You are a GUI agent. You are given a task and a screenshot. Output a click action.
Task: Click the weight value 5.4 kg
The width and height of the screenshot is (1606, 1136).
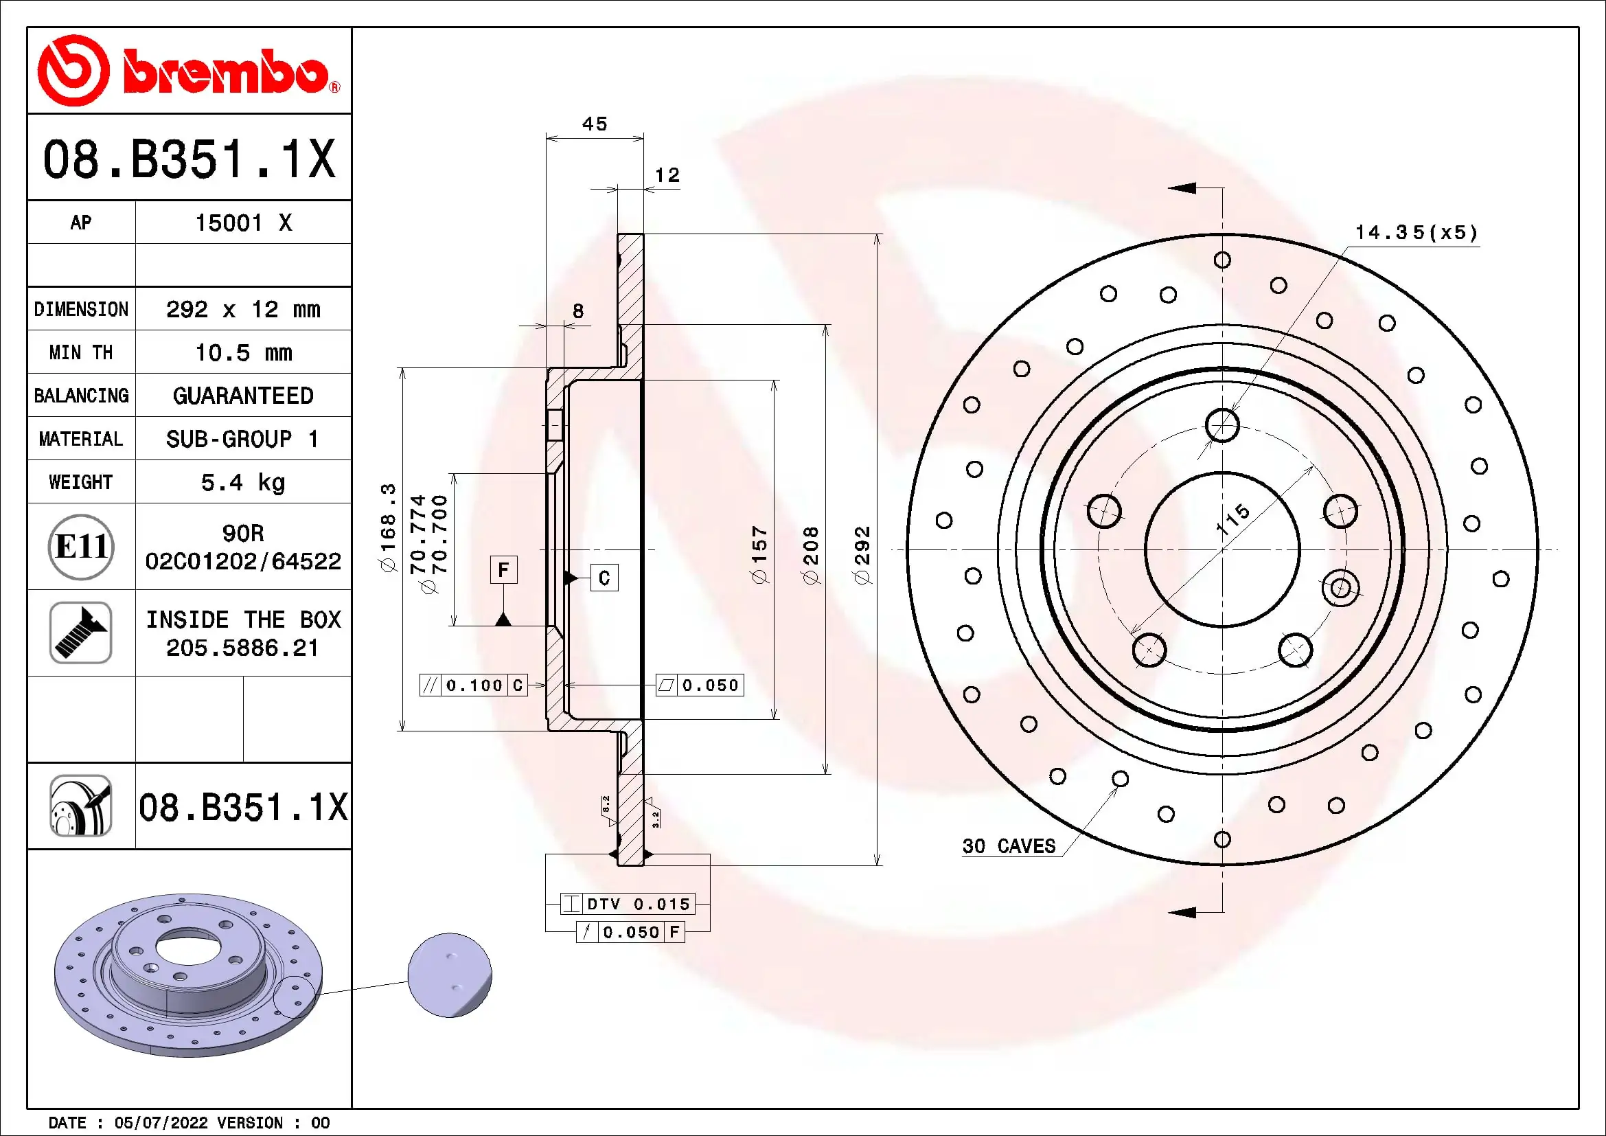[242, 482]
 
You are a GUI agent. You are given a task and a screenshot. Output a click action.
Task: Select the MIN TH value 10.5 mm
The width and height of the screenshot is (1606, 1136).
[242, 352]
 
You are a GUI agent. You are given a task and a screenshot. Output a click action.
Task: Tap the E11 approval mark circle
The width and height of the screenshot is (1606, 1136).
[81, 546]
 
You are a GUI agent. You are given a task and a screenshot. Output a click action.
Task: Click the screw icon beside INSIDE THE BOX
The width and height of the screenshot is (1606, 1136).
[81, 633]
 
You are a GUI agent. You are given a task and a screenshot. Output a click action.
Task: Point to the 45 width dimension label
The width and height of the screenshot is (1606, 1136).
[595, 124]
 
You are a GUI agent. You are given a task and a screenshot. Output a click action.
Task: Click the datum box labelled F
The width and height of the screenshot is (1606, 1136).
[503, 570]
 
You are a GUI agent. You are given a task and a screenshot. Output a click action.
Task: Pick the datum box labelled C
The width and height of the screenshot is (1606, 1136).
[604, 578]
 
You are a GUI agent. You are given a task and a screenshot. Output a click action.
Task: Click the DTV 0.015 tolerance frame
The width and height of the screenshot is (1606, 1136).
[628, 904]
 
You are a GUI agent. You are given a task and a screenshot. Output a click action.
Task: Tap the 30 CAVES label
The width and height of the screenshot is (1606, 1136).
[1009, 845]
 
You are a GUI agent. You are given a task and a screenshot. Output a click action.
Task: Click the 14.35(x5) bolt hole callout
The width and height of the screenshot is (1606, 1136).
[1416, 232]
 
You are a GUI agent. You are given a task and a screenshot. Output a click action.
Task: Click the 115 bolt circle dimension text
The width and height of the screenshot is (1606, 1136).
[1232, 519]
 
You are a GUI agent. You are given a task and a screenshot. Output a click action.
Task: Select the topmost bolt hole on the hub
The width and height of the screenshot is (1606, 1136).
[1222, 424]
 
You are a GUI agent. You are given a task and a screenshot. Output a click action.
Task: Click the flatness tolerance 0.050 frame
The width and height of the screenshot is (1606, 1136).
[700, 685]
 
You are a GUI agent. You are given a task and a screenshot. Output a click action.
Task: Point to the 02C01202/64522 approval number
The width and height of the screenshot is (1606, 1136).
[242, 561]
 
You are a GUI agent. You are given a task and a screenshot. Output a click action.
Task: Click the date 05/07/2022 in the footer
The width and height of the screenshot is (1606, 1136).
[161, 1122]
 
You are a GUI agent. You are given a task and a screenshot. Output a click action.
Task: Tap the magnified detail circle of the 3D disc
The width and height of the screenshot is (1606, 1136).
[450, 975]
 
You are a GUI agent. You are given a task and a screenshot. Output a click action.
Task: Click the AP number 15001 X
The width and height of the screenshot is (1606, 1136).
[242, 223]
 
